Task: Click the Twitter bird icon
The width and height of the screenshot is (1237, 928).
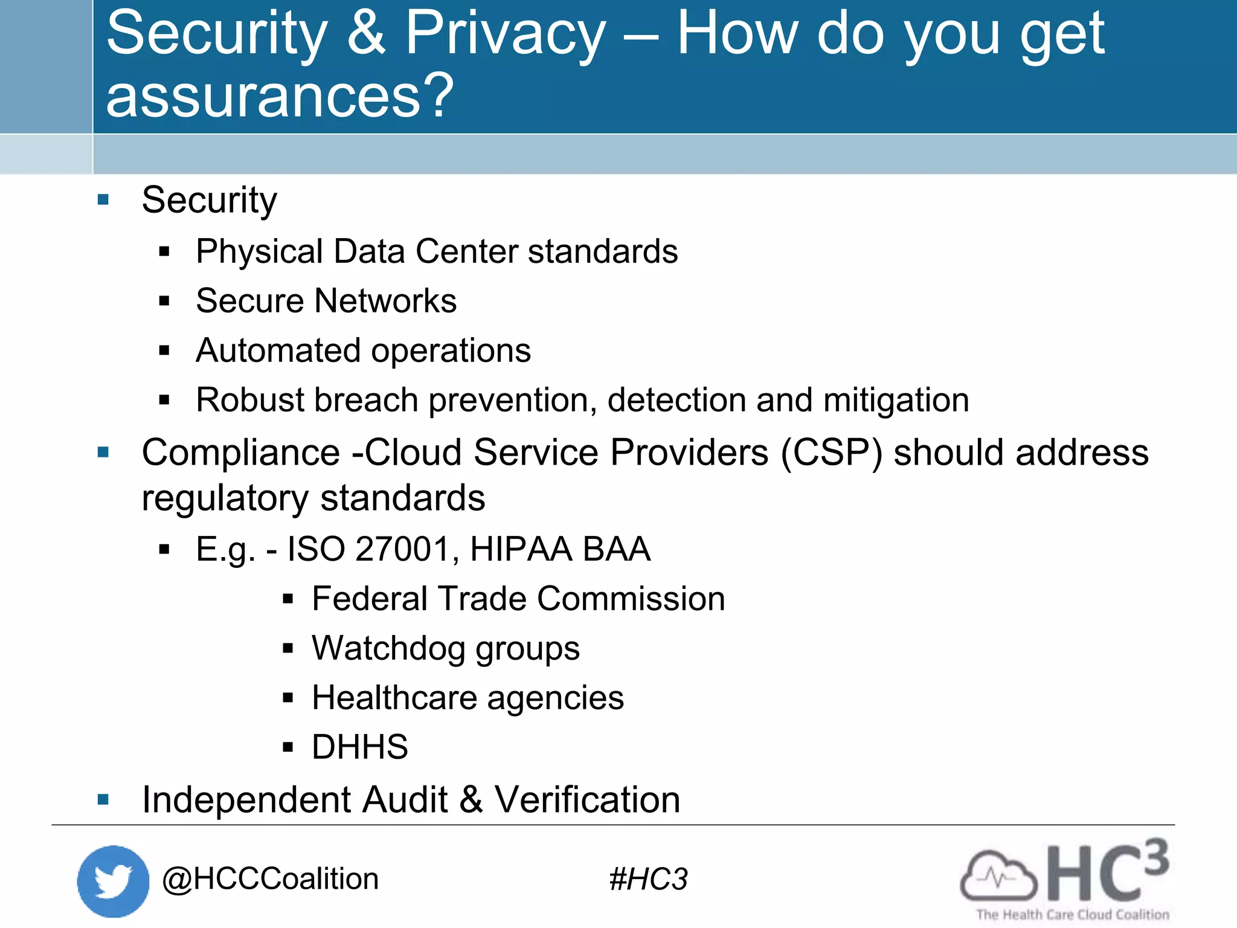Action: (113, 881)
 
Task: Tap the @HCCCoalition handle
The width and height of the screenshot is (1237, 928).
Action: (270, 879)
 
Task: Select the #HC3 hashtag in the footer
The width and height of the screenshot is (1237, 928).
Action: (648, 879)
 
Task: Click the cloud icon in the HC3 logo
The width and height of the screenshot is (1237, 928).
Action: (998, 875)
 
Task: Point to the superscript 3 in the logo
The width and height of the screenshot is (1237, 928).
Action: (1155, 857)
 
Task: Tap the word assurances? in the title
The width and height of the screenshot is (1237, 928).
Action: (279, 95)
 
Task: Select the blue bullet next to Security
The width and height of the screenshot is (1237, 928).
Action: (103, 199)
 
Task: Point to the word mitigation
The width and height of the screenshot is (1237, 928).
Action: (896, 400)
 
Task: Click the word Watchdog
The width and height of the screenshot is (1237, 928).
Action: (388, 648)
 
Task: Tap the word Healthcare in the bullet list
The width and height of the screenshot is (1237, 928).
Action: (394, 698)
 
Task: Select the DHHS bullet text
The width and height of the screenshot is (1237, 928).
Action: (360, 747)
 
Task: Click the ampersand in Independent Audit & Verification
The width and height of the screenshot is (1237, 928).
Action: (471, 800)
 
